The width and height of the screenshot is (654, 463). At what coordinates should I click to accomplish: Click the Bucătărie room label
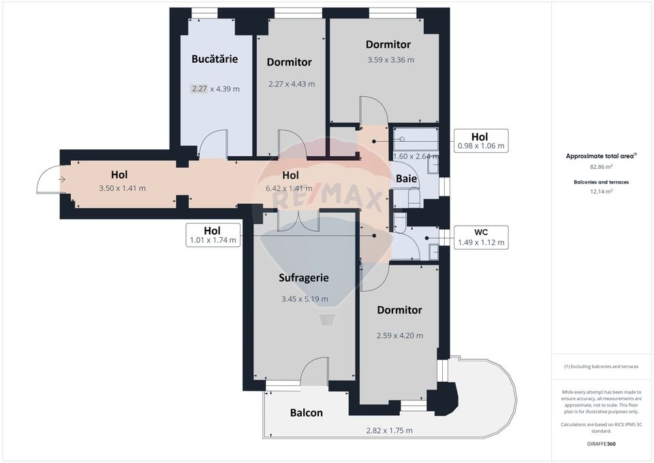coord(215,59)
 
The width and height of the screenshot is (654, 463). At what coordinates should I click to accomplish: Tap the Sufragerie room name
coord(304,278)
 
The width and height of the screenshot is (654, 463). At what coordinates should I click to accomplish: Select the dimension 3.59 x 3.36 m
coord(390,60)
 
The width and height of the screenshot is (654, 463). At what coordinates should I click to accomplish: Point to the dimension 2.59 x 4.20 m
coord(399,335)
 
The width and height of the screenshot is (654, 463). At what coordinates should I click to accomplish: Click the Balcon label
coord(307,413)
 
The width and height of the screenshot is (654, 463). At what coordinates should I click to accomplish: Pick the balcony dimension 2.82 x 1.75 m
coord(389,430)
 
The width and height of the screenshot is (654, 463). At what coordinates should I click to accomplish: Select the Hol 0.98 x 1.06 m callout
coord(480,140)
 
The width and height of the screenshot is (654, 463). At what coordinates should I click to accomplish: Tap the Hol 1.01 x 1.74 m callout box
coord(213,235)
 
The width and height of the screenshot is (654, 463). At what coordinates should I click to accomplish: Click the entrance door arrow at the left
coord(61,180)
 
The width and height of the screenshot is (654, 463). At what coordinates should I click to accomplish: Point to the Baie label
coord(407,179)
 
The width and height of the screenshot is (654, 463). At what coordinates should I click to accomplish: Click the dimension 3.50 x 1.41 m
coord(123,188)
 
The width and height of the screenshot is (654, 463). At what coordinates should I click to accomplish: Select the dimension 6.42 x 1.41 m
coord(290,188)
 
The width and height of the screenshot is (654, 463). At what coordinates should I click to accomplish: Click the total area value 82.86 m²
coord(601,166)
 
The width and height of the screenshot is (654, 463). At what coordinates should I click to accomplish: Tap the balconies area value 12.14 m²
coord(601,192)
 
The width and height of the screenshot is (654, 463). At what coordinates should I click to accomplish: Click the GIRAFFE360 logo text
coord(601,443)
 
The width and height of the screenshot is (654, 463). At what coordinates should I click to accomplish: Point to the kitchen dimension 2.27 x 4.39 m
coord(215,89)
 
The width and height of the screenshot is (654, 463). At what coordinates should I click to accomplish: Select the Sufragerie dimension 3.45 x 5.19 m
coord(305,299)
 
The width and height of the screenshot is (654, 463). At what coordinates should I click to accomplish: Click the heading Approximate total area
coord(600,155)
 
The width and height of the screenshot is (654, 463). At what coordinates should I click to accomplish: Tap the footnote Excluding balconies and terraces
coord(601,367)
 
